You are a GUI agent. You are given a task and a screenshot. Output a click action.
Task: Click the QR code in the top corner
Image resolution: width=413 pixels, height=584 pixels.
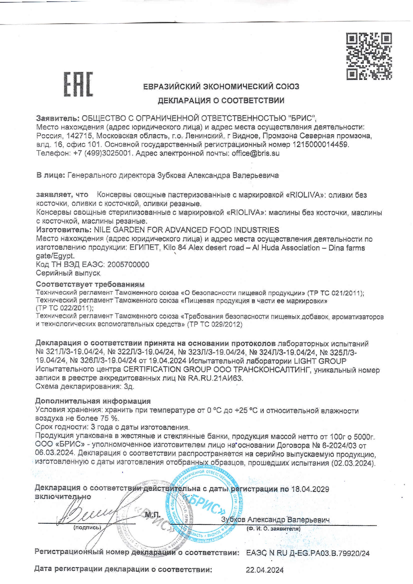pos(369,56)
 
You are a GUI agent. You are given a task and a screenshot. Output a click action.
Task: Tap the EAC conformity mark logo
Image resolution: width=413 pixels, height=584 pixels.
pos(78,84)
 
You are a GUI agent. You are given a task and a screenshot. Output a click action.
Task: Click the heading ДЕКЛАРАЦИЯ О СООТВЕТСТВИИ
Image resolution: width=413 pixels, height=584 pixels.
pos(221,101)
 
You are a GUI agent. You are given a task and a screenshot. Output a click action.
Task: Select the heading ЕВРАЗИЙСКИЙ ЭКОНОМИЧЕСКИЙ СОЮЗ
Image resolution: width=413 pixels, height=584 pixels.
pos(221,87)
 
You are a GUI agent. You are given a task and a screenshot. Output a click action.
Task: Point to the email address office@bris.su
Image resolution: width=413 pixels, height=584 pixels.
pos(255,153)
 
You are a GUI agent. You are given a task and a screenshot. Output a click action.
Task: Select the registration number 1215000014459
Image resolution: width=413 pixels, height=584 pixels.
pos(320,145)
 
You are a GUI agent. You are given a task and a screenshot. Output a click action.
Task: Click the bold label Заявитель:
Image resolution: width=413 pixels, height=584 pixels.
pos(58,118)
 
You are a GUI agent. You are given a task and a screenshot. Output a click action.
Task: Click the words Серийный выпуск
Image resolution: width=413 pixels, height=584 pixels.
pos(68,273)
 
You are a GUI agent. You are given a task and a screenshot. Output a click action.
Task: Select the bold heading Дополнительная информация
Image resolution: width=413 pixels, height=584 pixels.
pos(93,401)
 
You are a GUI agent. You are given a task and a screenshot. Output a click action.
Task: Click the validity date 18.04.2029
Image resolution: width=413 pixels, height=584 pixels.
pos(310,489)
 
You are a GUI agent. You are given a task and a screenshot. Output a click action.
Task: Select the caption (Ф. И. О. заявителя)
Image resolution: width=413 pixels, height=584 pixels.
pos(273,528)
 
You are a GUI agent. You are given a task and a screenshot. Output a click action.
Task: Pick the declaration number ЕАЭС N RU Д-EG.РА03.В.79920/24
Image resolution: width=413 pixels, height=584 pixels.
pos(308,554)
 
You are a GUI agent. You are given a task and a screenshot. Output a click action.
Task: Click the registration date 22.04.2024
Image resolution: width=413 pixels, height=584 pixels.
pos(265,570)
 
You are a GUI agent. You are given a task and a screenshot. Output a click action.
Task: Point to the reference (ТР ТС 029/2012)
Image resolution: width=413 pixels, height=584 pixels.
pos(215,324)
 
